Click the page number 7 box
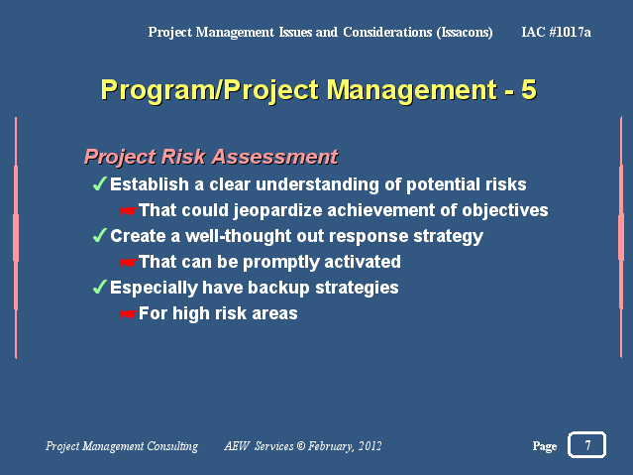click(586, 444)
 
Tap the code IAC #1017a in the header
click(556, 32)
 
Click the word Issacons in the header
click(465, 32)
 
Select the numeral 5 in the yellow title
click(528, 89)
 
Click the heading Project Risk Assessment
click(211, 157)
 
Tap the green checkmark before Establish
click(100, 183)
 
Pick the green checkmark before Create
click(100, 235)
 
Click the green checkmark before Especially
click(100, 287)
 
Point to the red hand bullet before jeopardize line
click(129, 210)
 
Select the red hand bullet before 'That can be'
click(129, 263)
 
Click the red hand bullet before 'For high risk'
click(129, 314)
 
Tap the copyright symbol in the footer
click(301, 445)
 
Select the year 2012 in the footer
click(369, 445)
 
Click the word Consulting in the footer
click(172, 446)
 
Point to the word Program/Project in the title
click(210, 90)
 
